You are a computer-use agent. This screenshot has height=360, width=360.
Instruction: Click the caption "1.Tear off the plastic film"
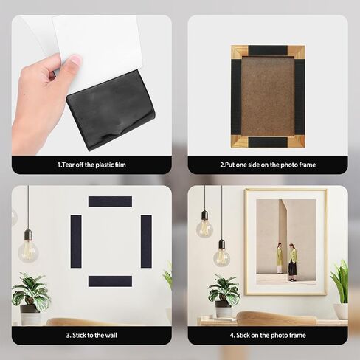point(91,165)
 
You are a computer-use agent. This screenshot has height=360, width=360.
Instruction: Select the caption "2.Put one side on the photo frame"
point(267,165)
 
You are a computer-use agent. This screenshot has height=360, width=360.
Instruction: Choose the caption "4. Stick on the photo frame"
point(267,334)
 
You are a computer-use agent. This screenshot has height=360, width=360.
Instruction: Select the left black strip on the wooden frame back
point(236,96)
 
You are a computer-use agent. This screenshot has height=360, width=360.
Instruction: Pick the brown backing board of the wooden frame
point(267,96)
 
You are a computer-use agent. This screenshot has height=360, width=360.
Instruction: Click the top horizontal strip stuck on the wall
point(110,201)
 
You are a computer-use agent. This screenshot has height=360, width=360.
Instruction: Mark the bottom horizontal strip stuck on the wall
point(110,281)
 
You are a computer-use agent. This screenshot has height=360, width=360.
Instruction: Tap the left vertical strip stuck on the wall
point(75,241)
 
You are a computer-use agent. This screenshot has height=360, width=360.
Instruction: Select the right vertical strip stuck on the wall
point(145,241)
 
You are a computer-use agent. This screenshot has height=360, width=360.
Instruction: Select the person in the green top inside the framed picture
point(293,260)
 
